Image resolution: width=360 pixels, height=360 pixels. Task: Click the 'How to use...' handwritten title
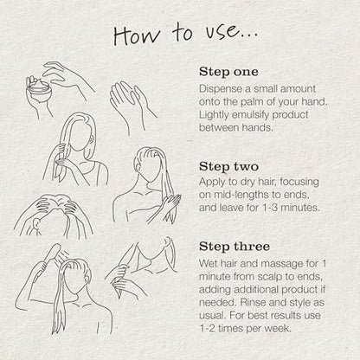[x=186, y=34]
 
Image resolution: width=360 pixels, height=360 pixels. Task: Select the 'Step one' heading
[x=228, y=72]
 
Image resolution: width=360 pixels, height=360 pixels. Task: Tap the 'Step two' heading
[x=228, y=166]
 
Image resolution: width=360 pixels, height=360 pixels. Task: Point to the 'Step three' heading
[x=235, y=247]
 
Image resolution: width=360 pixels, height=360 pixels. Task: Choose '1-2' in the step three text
[x=207, y=328]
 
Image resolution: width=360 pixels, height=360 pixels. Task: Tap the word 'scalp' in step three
[x=269, y=277]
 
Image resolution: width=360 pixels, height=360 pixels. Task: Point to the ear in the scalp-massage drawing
[x=36, y=224]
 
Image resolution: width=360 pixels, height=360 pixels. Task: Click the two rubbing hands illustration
[x=132, y=106]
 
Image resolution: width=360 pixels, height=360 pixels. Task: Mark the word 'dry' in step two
[x=238, y=183]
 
